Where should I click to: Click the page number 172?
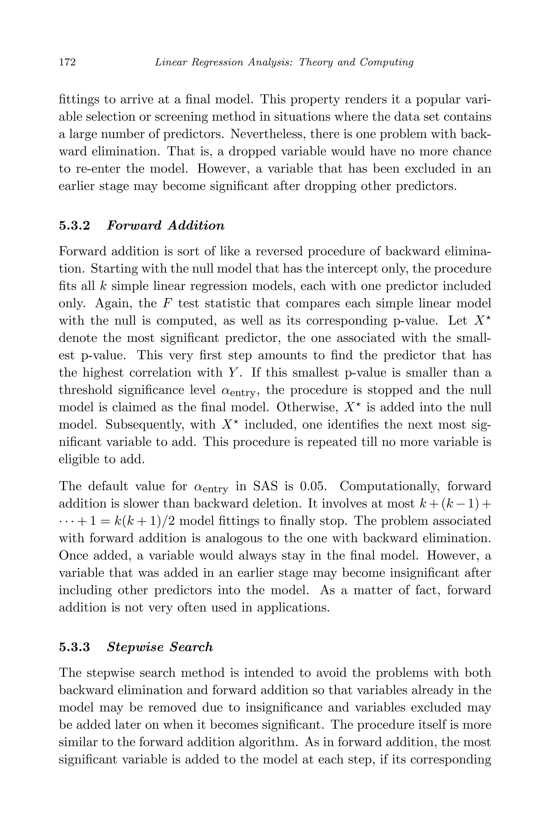click(67, 62)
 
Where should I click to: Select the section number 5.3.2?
click(75, 226)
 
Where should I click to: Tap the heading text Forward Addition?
click(165, 226)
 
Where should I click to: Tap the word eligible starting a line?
click(79, 459)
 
